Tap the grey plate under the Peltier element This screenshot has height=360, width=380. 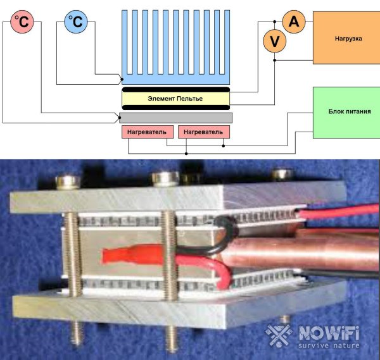coord(175,118)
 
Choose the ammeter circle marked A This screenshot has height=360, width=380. coord(293,22)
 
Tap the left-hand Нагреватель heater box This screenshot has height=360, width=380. coord(147,132)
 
